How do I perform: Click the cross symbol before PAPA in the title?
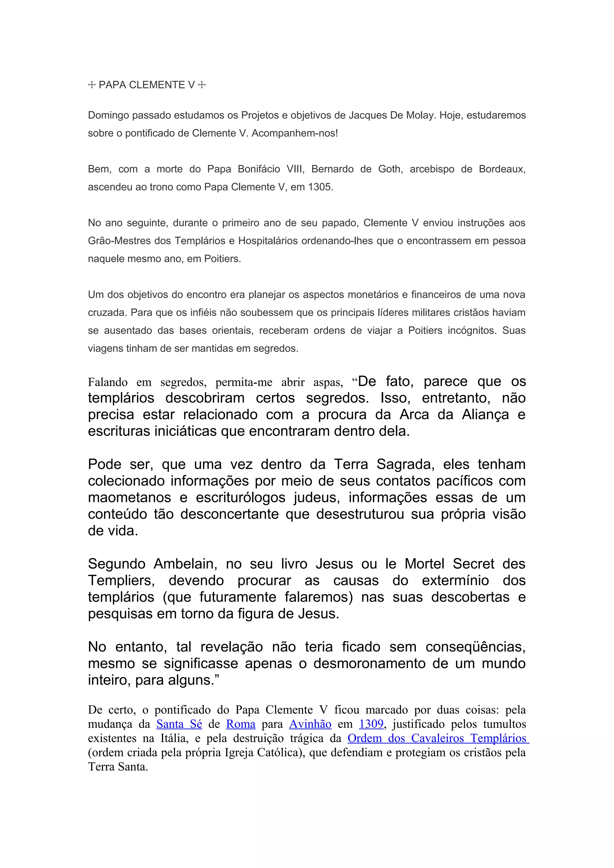point(91,85)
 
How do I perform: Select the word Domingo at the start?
point(108,115)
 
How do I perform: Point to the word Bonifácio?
point(259,169)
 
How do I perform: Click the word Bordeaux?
point(502,169)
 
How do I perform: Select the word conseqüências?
point(475,647)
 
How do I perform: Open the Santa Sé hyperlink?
point(179,724)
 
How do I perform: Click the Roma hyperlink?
point(241,724)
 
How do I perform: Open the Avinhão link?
point(310,724)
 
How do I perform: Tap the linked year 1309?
point(371,724)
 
